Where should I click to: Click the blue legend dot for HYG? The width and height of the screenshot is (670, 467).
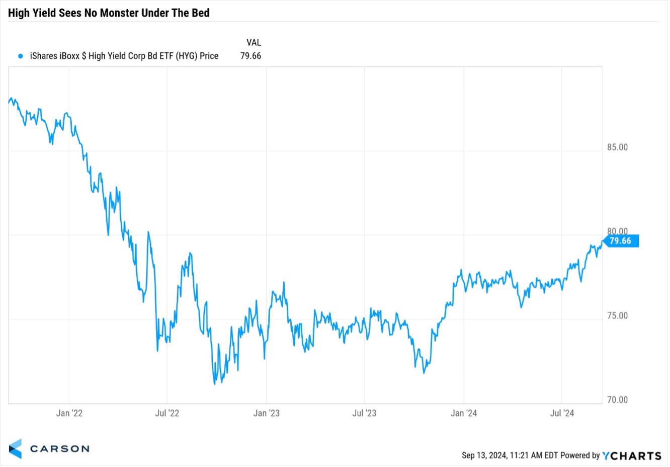click(21, 56)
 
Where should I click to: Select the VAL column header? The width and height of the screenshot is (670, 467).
click(254, 43)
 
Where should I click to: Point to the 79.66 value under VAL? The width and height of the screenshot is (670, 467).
click(251, 56)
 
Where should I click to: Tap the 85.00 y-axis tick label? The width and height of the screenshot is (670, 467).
click(618, 148)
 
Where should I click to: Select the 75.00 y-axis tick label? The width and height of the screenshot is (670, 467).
click(618, 316)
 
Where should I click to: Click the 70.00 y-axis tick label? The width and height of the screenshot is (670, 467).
click(618, 400)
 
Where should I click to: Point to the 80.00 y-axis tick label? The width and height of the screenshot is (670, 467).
click(618, 232)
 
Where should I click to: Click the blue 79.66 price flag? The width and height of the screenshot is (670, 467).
click(622, 241)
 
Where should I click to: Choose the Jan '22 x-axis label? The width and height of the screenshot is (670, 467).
click(69, 414)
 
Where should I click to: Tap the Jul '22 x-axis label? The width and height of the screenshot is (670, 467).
click(168, 414)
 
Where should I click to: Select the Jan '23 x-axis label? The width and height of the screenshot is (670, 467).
click(267, 414)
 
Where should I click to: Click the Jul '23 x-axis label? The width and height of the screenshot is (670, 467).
click(365, 414)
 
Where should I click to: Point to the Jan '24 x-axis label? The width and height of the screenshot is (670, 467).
click(464, 414)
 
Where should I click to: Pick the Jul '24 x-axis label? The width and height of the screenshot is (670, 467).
click(562, 414)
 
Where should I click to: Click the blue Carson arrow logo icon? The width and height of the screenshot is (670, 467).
click(16, 449)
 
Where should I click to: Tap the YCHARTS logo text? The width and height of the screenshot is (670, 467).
click(632, 456)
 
